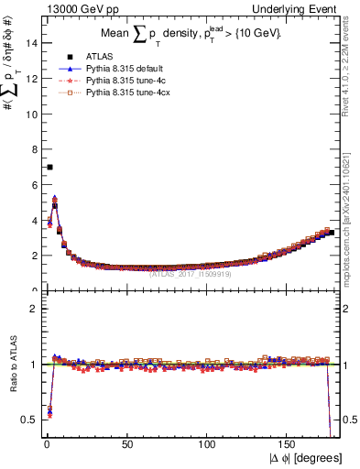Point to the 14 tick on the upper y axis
pyautogui.click(x=32, y=43)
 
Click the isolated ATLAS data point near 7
pyautogui.click(x=49, y=167)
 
